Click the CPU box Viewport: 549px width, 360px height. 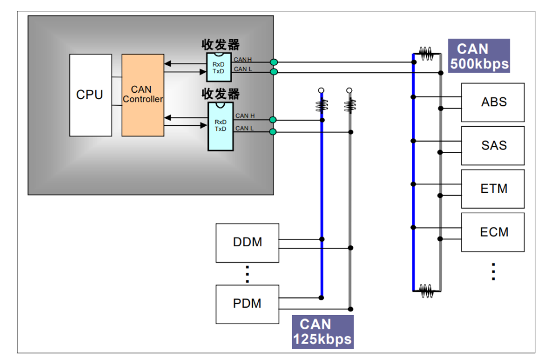point(90,95)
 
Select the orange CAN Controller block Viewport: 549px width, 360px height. point(143,95)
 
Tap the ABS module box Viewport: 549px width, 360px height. point(493,102)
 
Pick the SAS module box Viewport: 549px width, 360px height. point(493,146)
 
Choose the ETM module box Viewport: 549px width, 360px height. point(493,189)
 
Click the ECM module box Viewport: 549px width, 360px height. point(493,232)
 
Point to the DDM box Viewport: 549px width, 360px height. point(247,243)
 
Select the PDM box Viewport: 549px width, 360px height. point(247,304)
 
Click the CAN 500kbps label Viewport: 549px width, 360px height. point(479,56)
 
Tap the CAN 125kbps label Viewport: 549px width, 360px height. point(323,332)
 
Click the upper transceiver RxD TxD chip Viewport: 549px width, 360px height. point(219,67)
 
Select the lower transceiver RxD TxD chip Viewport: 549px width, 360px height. point(221,126)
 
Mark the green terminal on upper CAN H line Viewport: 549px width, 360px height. point(274,62)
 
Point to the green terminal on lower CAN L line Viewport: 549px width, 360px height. point(273,132)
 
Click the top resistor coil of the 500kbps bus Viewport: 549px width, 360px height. point(426,53)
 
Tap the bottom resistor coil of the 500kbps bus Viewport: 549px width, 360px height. point(426,291)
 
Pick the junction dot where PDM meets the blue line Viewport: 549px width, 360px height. point(321,298)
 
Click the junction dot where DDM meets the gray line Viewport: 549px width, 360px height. point(350,248)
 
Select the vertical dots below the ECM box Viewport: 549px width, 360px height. point(493,271)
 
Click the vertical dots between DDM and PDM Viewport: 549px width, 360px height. point(247,274)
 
